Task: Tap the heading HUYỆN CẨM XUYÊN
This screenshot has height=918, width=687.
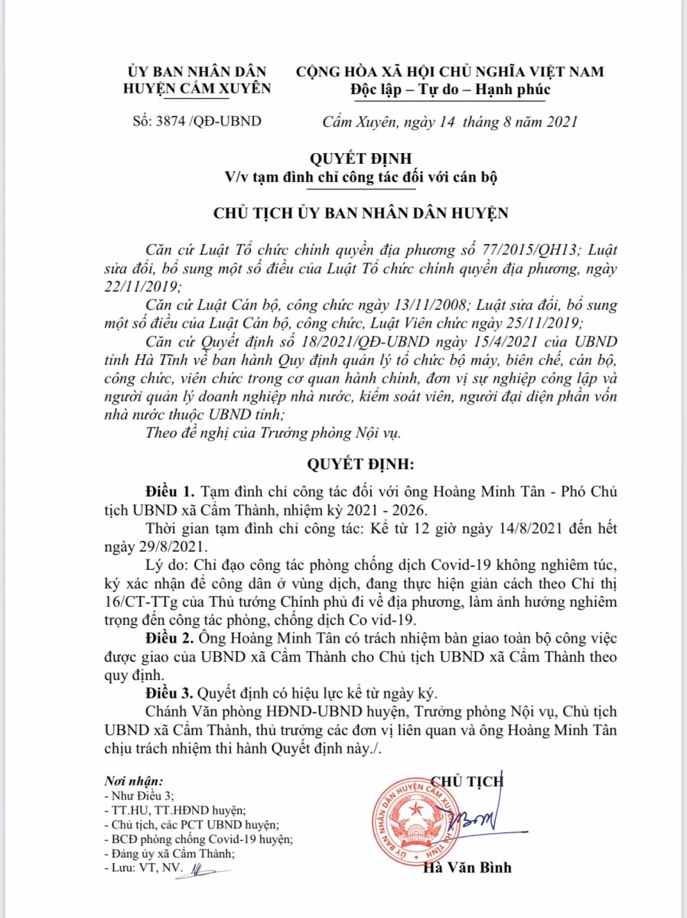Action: (197, 88)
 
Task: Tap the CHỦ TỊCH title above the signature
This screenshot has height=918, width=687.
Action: (467, 780)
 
